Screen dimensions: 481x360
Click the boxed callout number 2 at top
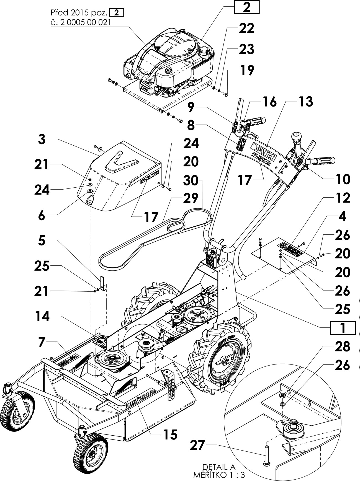coord(246,7)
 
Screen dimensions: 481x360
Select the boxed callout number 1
coord(343,328)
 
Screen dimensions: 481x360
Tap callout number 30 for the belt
coord(191,180)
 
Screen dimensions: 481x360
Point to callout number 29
coord(191,198)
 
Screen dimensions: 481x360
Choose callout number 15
coord(170,435)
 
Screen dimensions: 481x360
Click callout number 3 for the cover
coord(42,139)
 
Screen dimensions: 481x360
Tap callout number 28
coord(343,346)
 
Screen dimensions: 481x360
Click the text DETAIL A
coord(219,467)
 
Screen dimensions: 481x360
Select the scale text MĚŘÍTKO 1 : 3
coord(219,475)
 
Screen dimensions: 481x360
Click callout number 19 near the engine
coord(246,70)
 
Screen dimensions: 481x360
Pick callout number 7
coord(42,342)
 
